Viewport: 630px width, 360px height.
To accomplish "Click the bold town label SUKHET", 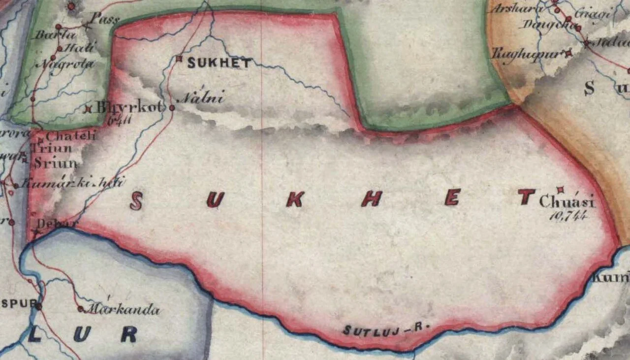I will (220, 63).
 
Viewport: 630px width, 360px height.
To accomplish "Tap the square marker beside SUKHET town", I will (179, 59).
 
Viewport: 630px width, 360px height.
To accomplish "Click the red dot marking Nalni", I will (172, 107).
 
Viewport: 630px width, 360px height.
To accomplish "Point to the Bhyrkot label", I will (129, 107).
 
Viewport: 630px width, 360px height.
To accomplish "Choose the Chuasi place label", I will (567, 202).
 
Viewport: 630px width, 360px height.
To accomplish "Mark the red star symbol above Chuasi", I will (560, 190).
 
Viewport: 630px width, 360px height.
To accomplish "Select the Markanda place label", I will (123, 310).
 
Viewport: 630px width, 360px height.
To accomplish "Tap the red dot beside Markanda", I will (81, 309).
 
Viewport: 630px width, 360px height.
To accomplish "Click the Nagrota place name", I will (71, 64).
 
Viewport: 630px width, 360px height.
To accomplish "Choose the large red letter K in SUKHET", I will (294, 198).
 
